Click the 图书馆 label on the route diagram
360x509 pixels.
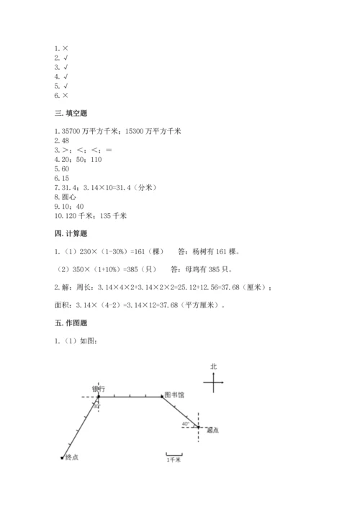click(x=174, y=395)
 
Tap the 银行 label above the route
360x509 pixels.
click(x=99, y=389)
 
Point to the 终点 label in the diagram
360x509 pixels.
click(x=71, y=457)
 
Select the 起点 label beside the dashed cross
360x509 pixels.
click(x=212, y=431)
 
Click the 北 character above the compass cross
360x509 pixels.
click(x=213, y=366)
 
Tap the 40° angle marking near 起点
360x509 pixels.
click(x=186, y=424)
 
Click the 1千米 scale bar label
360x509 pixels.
click(x=174, y=459)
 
